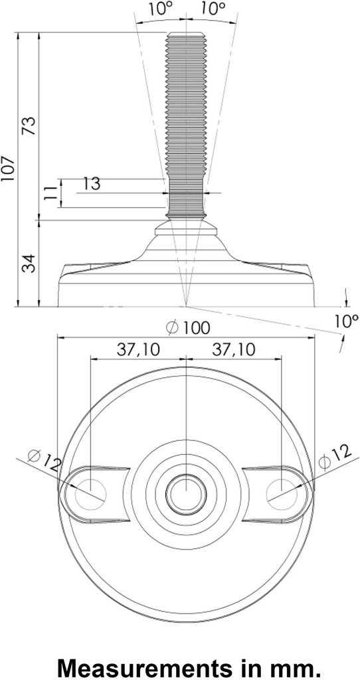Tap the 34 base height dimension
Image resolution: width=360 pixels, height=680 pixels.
29,262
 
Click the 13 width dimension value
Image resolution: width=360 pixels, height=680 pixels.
92,184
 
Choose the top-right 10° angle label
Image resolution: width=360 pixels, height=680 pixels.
213,9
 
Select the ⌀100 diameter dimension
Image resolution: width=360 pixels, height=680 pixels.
189,327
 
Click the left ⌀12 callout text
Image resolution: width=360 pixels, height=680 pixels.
44,460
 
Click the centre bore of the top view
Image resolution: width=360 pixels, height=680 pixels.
186,493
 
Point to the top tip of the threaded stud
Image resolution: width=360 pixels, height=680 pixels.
186,35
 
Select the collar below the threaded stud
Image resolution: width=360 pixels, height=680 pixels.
186,229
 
